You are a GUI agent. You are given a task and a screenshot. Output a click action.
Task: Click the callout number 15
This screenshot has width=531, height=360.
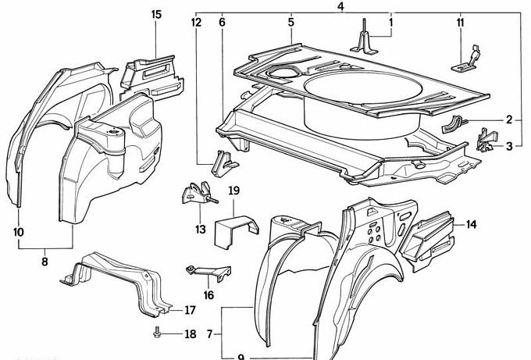156,15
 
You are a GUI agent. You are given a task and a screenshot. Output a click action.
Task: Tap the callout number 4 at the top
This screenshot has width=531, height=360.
340,7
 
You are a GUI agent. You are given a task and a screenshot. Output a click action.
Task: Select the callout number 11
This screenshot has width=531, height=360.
460,23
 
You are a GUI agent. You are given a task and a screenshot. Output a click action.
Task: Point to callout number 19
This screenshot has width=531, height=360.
233,191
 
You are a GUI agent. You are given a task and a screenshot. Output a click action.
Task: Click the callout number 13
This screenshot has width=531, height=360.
201,229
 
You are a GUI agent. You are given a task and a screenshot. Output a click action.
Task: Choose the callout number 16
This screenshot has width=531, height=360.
208,294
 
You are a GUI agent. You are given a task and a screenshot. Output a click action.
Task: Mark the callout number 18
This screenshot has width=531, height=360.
191,334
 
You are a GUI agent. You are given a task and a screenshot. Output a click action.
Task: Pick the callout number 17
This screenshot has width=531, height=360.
190,310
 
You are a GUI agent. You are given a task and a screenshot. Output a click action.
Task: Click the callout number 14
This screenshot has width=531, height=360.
471,225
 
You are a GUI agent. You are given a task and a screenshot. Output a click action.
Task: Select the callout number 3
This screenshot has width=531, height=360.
509,146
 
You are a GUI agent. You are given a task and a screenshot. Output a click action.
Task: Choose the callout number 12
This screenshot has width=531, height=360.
195,23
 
